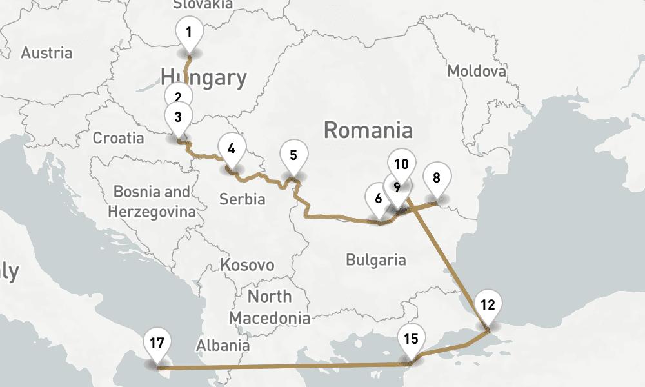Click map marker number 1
(x=189, y=33)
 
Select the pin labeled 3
(x=178, y=117)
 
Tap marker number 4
(x=232, y=146)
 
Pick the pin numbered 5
(x=293, y=155)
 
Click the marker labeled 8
(x=437, y=177)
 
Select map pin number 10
(x=402, y=164)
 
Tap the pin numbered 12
(x=488, y=305)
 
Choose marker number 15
(x=412, y=338)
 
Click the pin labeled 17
(x=157, y=342)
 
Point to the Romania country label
(x=368, y=130)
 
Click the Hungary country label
(x=204, y=77)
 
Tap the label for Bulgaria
(x=376, y=260)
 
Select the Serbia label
(x=242, y=199)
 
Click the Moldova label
(x=477, y=70)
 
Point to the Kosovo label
(x=247, y=264)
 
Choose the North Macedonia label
(x=270, y=307)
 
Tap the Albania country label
(x=223, y=345)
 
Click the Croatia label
(x=119, y=137)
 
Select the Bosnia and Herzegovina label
(x=152, y=201)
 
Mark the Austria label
(x=46, y=52)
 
